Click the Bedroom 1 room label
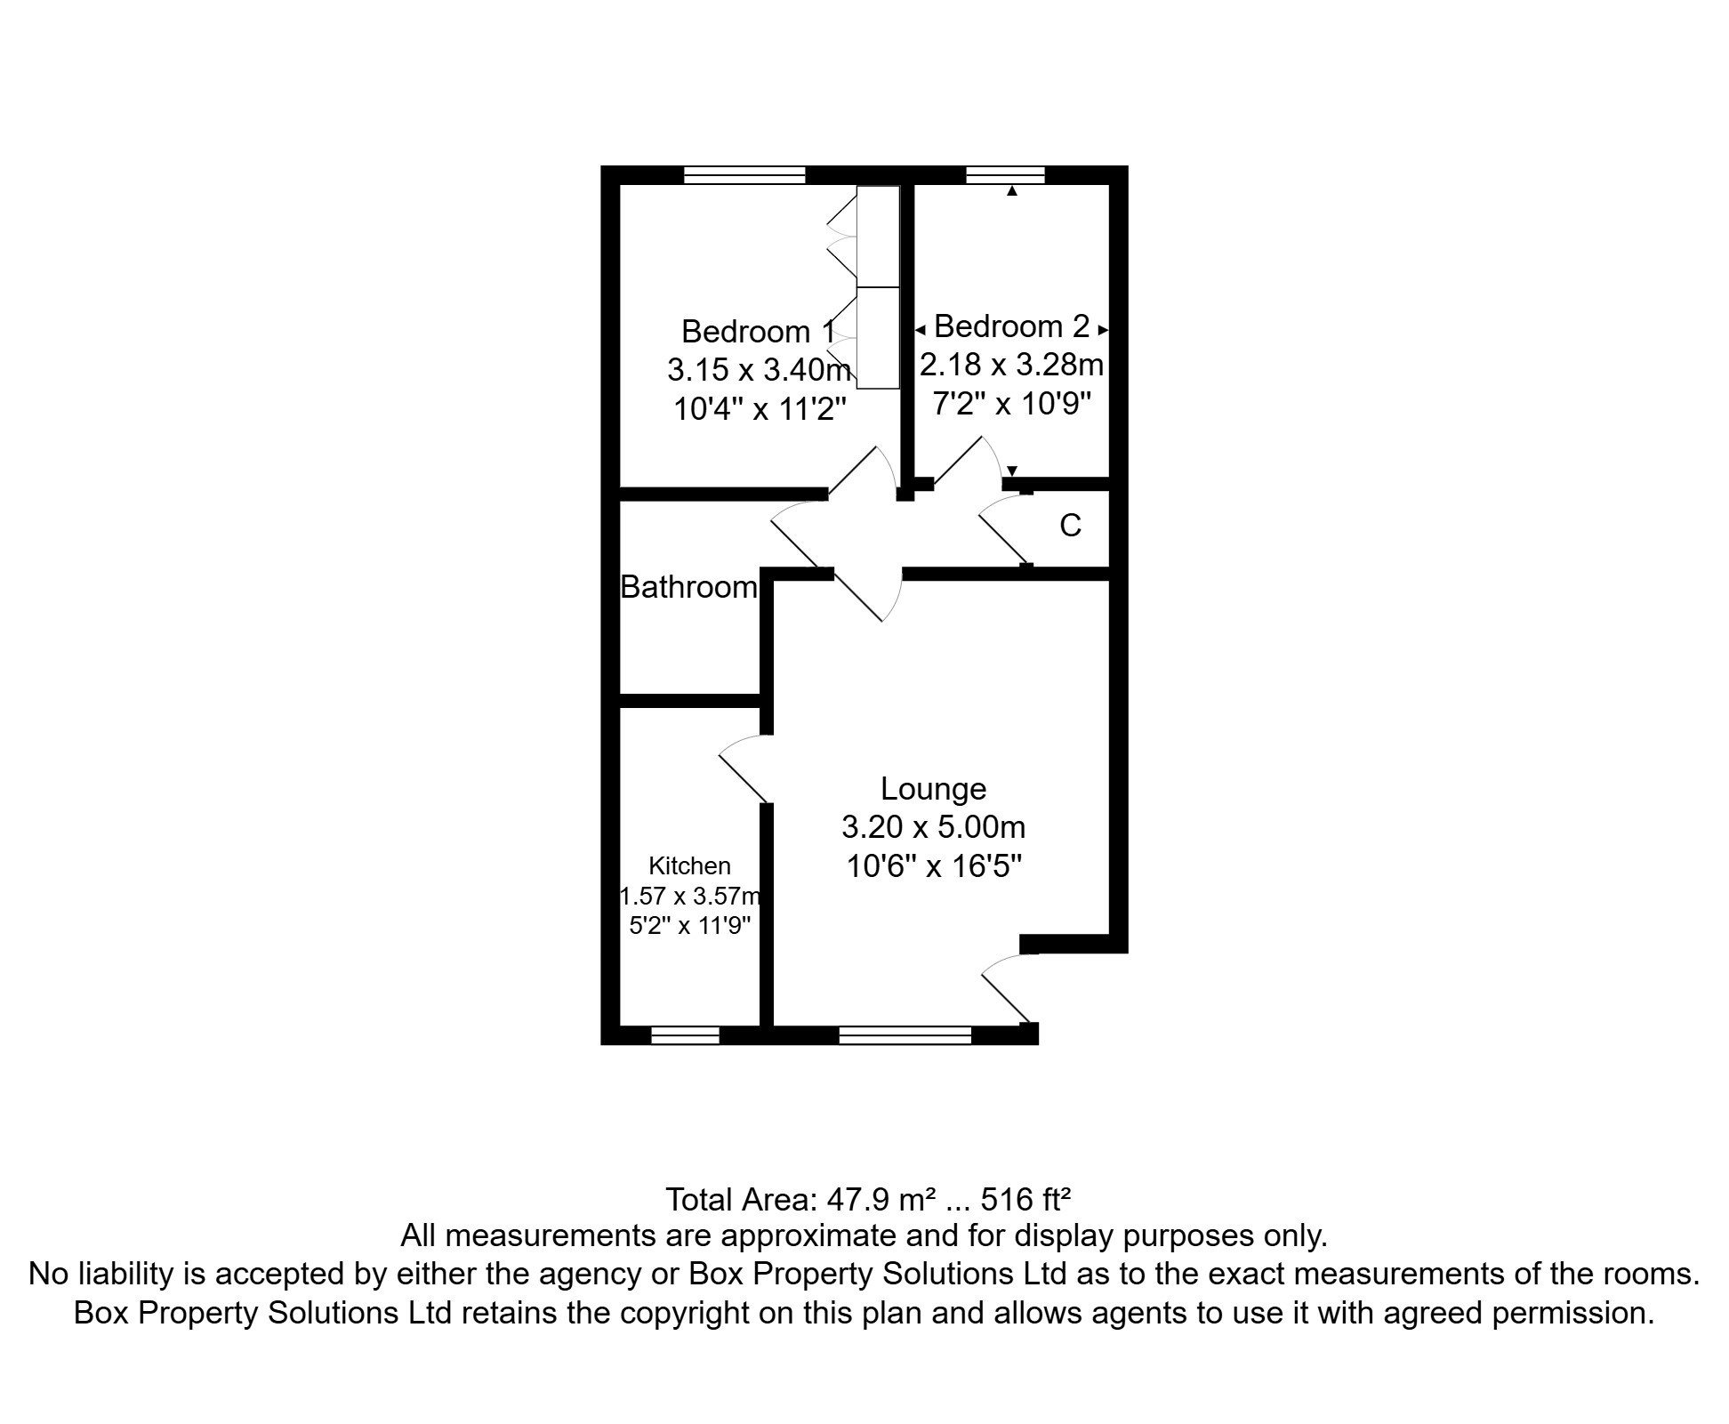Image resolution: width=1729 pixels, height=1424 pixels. [x=758, y=332]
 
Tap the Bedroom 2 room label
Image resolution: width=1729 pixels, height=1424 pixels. [x=1011, y=326]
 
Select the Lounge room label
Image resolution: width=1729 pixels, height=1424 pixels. [x=933, y=789]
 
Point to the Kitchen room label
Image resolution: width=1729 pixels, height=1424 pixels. [x=689, y=865]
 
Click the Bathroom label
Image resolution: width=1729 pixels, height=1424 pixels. [x=688, y=587]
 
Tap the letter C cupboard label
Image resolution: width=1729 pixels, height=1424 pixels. [x=1070, y=526]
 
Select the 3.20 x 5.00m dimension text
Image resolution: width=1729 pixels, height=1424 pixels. [x=933, y=827]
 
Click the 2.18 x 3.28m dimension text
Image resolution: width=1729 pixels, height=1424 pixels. [x=1011, y=365]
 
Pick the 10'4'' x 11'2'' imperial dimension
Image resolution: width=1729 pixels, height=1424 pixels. [x=759, y=409]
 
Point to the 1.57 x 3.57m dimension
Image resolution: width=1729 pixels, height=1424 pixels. [x=690, y=896]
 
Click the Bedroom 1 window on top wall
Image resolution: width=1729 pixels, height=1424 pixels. [x=744, y=175]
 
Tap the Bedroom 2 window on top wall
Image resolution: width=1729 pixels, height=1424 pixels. [x=1005, y=175]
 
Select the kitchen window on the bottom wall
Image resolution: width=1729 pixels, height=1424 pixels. [x=685, y=1035]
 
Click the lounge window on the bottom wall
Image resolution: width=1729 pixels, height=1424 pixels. [x=905, y=1035]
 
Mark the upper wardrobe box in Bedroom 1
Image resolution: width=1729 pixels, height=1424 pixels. [x=879, y=236]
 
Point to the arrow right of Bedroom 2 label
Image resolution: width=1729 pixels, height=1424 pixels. [x=1103, y=330]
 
